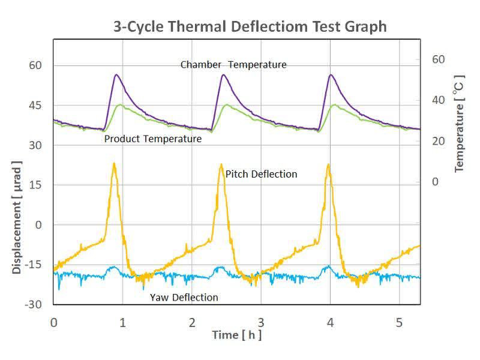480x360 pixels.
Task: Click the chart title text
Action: pos(250,27)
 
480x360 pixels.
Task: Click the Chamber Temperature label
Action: pos(233,65)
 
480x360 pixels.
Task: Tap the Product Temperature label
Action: pos(152,139)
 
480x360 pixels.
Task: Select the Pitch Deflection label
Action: pos(261,174)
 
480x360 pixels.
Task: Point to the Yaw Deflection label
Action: pos(184,298)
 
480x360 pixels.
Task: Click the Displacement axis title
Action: pos(17,217)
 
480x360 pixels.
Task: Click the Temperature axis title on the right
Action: pos(460,124)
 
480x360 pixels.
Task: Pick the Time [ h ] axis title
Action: pos(236,335)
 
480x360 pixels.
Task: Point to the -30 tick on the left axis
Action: pos(34,304)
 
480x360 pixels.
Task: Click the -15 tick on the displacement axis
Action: pos(34,265)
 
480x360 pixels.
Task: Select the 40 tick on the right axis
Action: pos(439,100)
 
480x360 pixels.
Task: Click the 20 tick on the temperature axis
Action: pos(439,141)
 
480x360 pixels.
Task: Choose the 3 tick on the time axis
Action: pos(260,322)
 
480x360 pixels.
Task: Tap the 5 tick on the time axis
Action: pos(398,322)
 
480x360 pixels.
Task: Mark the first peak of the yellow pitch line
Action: pos(113,163)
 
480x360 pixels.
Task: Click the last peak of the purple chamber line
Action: pos(331,75)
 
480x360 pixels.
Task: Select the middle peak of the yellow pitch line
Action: pos(221,164)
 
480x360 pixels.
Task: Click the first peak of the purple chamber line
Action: pos(116,75)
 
